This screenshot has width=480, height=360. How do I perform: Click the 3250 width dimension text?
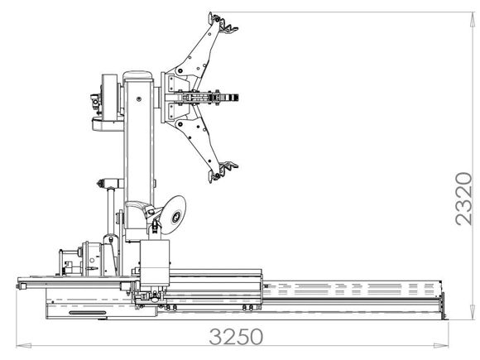[236, 338]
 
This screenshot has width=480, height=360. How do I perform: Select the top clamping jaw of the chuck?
[221, 23]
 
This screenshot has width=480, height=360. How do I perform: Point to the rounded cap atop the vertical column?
[140, 76]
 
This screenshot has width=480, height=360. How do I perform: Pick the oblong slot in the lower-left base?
[86, 313]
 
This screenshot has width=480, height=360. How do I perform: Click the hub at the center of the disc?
[176, 217]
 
